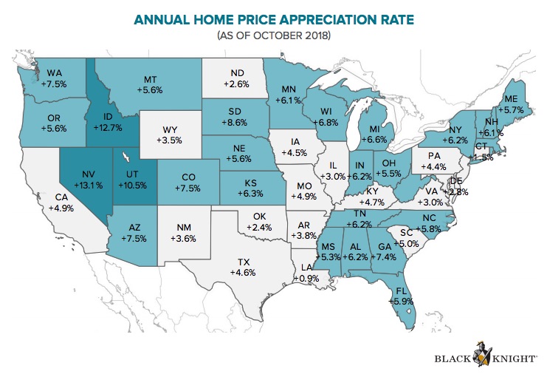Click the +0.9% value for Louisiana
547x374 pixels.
(x=306, y=279)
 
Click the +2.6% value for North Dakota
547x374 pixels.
(x=238, y=85)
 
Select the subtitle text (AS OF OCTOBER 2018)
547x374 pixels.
(x=274, y=35)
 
